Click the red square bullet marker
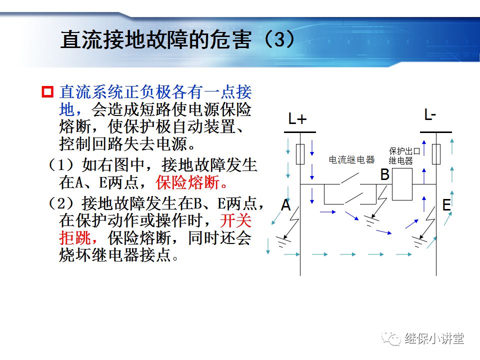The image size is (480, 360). click(x=47, y=92)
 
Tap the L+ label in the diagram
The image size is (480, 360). click(x=297, y=119)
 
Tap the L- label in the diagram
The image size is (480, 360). click(x=430, y=115)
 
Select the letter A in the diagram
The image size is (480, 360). click(x=285, y=205)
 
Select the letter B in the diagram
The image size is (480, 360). click(x=384, y=175)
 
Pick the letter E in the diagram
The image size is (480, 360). click(x=446, y=205)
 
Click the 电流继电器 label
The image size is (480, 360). click(x=351, y=160)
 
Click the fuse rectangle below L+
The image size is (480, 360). click(x=300, y=154)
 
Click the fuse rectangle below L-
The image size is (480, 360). click(x=436, y=154)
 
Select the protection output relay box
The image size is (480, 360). click(x=401, y=184)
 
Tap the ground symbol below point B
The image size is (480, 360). click(x=370, y=219)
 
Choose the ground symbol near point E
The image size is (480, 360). click(x=419, y=242)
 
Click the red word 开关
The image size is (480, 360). click(x=236, y=220)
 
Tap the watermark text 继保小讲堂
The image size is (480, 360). click(x=434, y=338)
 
